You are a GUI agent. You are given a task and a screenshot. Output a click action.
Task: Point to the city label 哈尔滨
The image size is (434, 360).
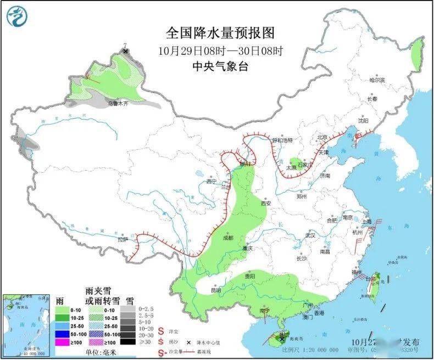[377, 80]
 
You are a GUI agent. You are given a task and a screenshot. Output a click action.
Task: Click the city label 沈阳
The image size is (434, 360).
[363, 120]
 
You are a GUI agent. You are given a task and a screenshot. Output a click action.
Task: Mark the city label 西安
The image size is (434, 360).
[266, 203]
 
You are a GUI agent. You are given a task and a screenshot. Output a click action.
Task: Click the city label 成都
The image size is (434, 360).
[228, 238]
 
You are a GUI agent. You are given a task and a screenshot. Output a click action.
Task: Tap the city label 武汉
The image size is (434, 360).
[310, 235]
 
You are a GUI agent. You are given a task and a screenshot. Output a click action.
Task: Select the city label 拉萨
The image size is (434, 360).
[123, 239]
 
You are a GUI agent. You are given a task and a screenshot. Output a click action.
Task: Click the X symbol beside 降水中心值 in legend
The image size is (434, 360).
[188, 341]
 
